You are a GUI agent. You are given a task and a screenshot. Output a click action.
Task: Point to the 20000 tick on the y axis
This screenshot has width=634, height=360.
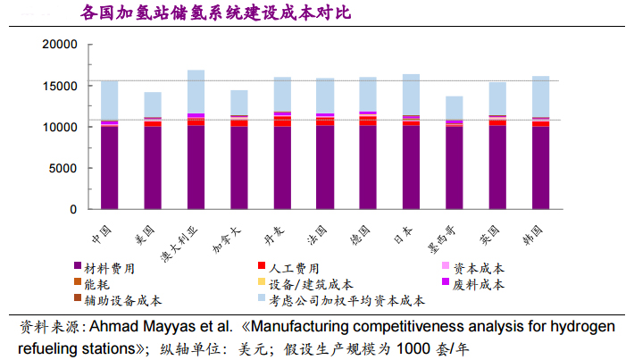pos(62,45)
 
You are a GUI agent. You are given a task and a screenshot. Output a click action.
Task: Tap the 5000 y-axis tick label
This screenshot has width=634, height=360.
pos(66,168)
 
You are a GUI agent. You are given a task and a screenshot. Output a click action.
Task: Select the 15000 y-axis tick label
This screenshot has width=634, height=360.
pos(62,86)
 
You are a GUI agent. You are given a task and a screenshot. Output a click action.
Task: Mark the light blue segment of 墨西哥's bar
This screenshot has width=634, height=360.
pos(454,108)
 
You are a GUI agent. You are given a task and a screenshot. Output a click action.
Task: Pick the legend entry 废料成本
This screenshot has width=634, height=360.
pos(478,284)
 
